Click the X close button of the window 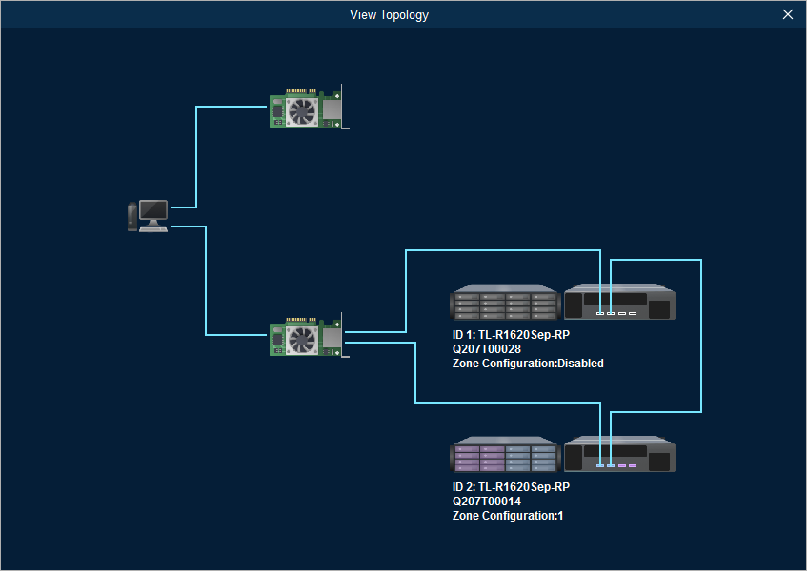point(787,14)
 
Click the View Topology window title point(389,14)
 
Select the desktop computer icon point(150,216)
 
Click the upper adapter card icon point(308,110)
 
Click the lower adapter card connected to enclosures point(308,339)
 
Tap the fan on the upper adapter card point(301,112)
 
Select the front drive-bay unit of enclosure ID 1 point(504,303)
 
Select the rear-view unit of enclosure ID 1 point(619,303)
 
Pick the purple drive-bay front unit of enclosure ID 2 point(504,455)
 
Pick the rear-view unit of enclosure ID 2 point(619,455)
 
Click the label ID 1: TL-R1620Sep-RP point(511,335)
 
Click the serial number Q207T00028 point(487,349)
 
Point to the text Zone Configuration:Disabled point(528,364)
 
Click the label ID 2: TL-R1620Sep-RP point(511,487)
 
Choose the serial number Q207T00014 point(487,502)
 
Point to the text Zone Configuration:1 point(500,516)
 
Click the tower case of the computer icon point(132,217)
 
